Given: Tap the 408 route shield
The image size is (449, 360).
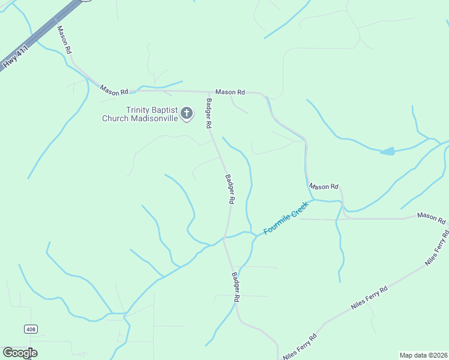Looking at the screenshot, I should tap(31, 329).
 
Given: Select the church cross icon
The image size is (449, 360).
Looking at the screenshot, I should tap(187, 113).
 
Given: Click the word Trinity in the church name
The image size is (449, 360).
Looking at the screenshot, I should tap(137, 109).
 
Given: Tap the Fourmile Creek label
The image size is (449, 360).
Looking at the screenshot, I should tap(286, 218).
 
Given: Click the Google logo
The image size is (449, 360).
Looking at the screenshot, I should tap(20, 353).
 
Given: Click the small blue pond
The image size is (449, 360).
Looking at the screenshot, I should tap(388, 151).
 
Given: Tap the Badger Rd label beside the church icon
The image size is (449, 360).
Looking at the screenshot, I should tap(209, 113).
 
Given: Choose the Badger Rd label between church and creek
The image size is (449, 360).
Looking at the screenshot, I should tap(229, 189).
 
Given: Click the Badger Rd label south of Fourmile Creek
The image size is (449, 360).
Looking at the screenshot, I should tap(236, 287).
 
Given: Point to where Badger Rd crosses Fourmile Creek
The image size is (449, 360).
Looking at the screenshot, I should tap(226, 237).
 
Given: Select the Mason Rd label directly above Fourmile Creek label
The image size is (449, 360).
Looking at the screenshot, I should tap(324, 187).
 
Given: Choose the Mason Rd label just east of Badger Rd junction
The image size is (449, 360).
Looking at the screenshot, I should tap(231, 92).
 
